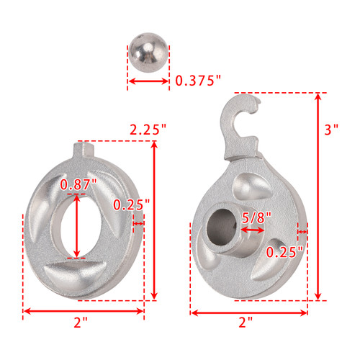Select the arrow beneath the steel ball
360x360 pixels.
pyautogui.click(x=149, y=81)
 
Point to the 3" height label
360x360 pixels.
pyautogui.click(x=331, y=130)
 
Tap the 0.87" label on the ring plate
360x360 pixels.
pyautogui.click(x=77, y=185)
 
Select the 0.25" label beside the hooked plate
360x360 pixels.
pyautogui.click(x=282, y=252)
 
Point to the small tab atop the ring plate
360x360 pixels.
pyautogui.click(x=86, y=152)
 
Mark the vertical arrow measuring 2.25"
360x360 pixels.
pyautogui.click(x=155, y=220)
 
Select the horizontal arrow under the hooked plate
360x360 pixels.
pyautogui.click(x=248, y=312)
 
